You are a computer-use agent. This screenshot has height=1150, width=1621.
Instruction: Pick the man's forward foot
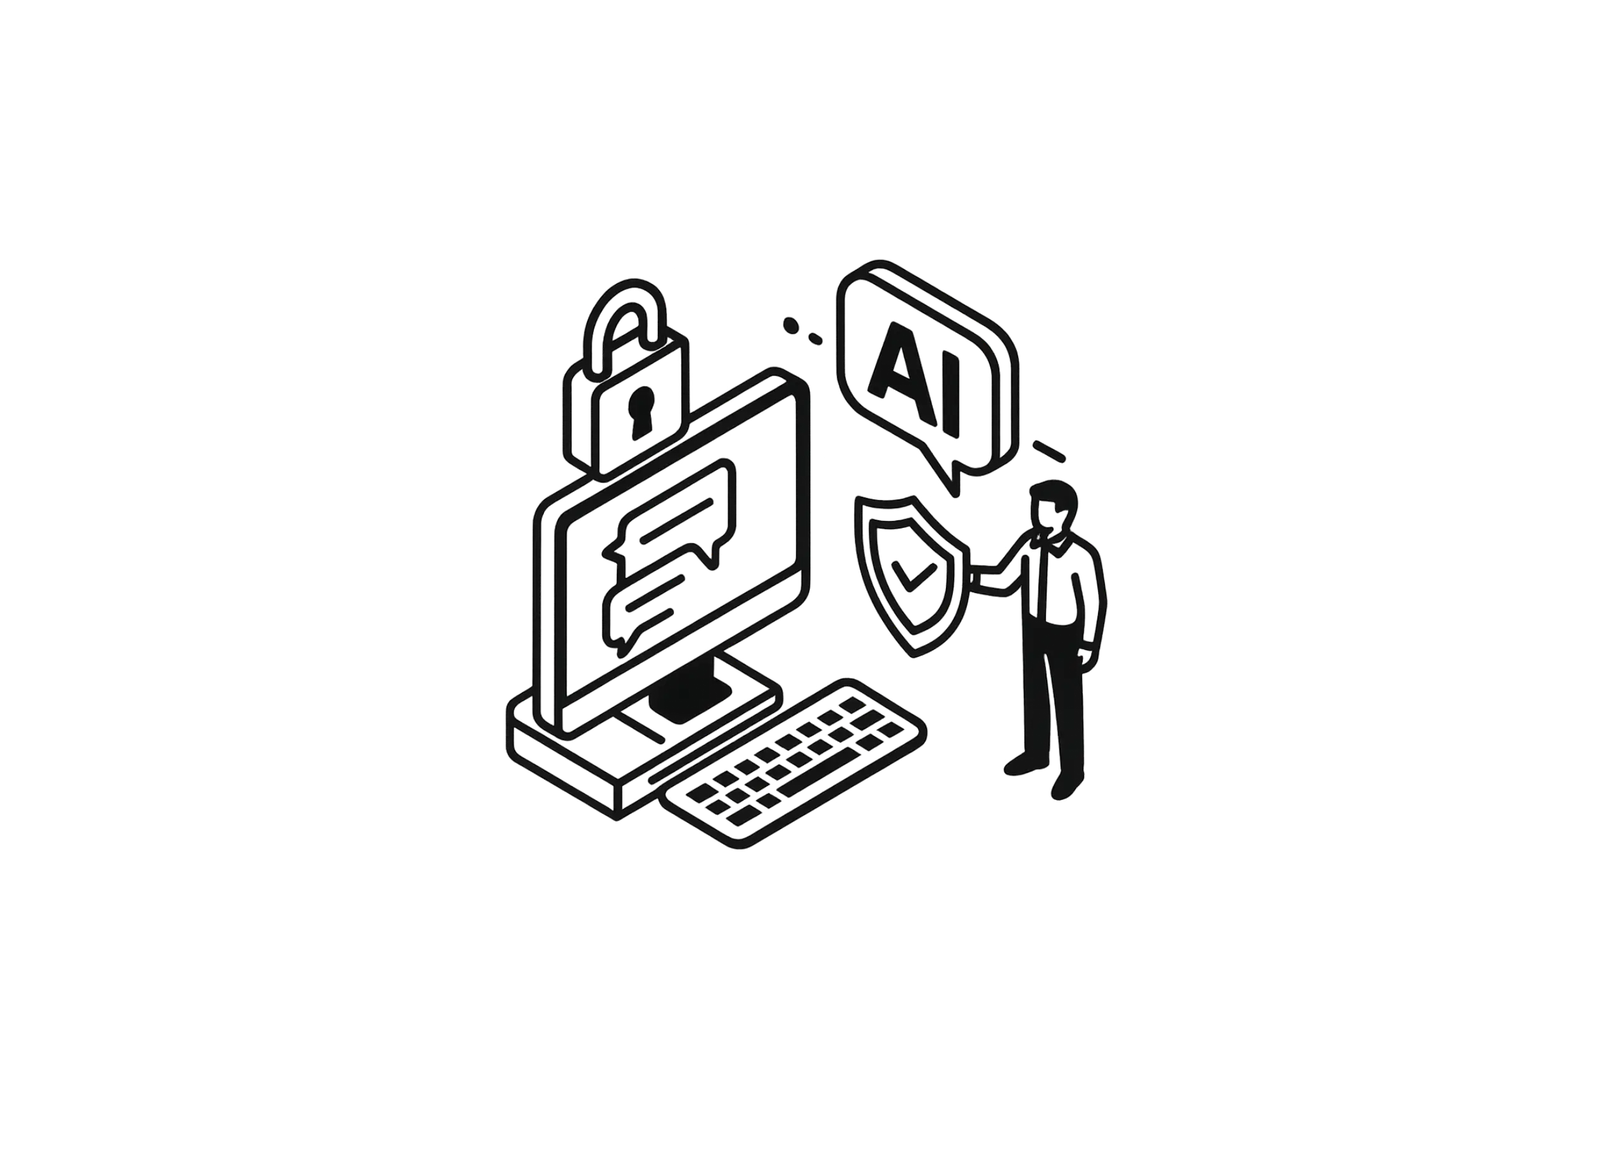pyautogui.click(x=1067, y=785)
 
